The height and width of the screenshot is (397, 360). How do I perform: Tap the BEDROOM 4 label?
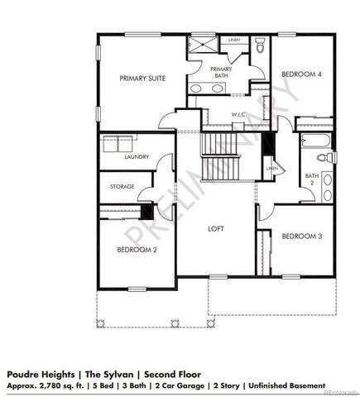pyautogui.click(x=301, y=74)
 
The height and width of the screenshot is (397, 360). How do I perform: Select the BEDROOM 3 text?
pyautogui.click(x=301, y=237)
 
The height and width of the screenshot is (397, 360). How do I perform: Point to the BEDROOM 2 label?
pyautogui.click(x=136, y=249)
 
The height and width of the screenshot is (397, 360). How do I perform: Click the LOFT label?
pyautogui.click(x=217, y=229)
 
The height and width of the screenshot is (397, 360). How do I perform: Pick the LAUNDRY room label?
pyautogui.click(x=136, y=157)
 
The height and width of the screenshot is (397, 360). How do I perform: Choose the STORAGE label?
pyautogui.click(x=122, y=187)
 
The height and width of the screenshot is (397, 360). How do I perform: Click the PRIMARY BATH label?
pyautogui.click(x=221, y=72)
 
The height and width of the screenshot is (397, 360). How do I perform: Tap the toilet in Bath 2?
pyautogui.click(x=329, y=156)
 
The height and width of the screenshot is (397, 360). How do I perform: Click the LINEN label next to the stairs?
pyautogui.click(x=271, y=169)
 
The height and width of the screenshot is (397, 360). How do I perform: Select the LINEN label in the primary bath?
pyautogui.click(x=235, y=39)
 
